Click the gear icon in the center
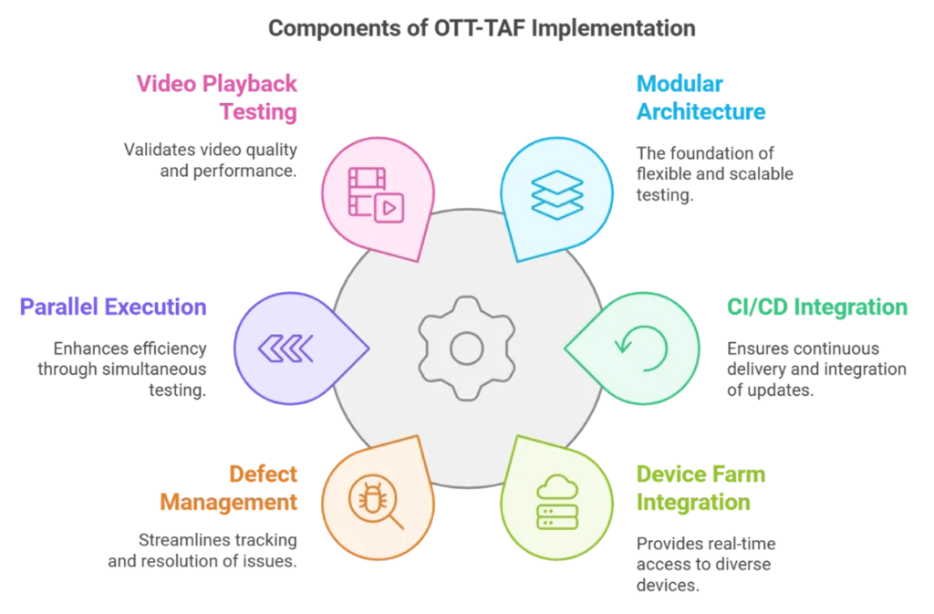pos(466,347)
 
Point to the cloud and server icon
pos(555,501)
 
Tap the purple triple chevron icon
pos(285,347)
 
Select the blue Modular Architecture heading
pos(699,99)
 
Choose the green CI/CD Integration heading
pos(817,307)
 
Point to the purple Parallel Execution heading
pos(113,307)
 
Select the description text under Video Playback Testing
pos(208,160)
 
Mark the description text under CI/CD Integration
pos(817,369)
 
